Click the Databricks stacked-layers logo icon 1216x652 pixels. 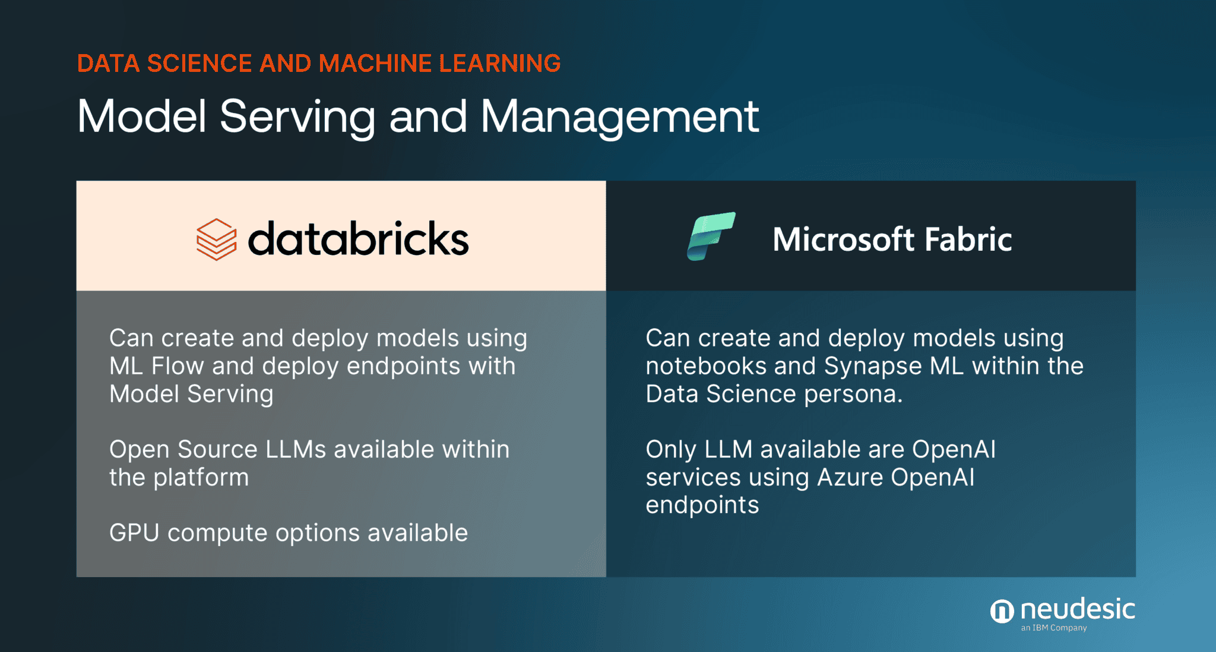click(216, 239)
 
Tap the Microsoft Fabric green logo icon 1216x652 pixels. click(711, 236)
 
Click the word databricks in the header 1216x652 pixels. click(358, 239)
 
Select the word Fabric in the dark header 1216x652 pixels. click(968, 240)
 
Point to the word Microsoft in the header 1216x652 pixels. click(843, 240)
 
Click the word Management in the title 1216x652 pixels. click(619, 116)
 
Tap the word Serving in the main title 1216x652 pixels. click(297, 116)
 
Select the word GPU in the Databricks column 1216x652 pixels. click(134, 533)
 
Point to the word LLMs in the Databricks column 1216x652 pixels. click(296, 450)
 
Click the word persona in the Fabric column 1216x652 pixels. click(853, 394)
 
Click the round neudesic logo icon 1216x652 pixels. click(1002, 611)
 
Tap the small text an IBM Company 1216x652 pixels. click(1053, 628)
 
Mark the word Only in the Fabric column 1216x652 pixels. click(670, 450)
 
